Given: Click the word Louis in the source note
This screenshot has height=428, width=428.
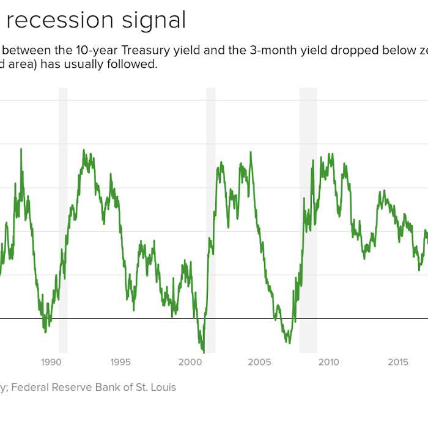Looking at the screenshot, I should coord(161,387).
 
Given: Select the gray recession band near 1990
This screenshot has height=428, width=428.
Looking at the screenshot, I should coord(62,220).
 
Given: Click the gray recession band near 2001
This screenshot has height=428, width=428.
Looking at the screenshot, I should coord(211,220).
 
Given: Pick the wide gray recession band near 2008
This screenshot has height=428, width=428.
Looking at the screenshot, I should coord(308,220).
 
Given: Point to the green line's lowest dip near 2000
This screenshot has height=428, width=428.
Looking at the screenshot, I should coord(203,351).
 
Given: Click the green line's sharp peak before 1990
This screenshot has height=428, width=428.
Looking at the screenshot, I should coord(21,149).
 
